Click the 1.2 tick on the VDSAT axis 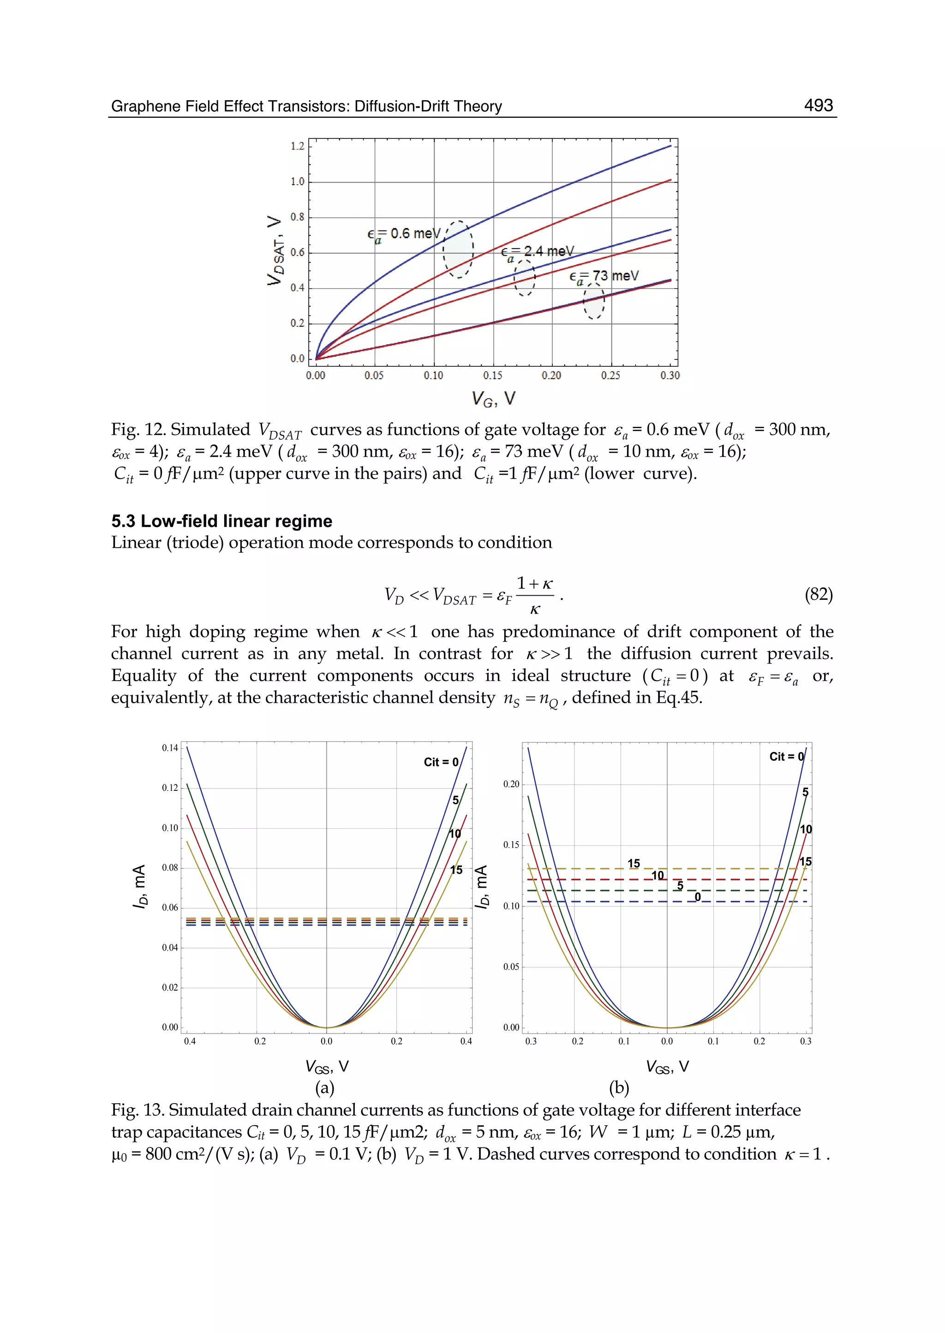tap(297, 146)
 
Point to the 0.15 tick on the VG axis tap(492, 375)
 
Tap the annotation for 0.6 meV tap(404, 234)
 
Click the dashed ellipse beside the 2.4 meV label tap(524, 278)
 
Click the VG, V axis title tap(493, 399)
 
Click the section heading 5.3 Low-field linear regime tap(221, 521)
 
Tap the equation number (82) tap(818, 594)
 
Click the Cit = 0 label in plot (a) tap(441, 762)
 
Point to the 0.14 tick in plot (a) tap(170, 747)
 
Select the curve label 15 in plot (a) tap(456, 870)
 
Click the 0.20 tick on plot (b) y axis tap(511, 784)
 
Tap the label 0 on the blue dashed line tap(698, 897)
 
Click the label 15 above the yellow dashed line tap(634, 863)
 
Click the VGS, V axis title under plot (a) tap(326, 1066)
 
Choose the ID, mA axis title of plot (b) tap(481, 887)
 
